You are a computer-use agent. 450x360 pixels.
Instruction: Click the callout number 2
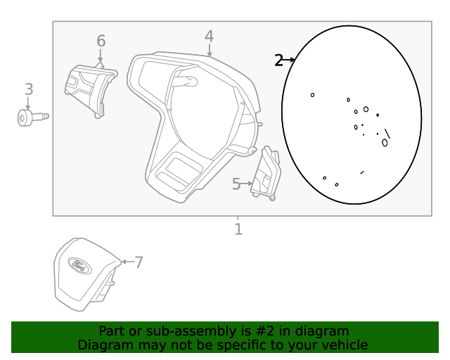278,60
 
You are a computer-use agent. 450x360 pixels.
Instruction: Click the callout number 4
210,37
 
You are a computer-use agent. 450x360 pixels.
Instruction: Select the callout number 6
101,41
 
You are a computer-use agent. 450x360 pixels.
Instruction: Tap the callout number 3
29,89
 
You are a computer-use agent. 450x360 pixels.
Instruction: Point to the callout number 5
236,184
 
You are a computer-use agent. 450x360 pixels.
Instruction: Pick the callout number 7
139,262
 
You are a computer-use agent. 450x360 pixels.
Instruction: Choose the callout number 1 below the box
238,229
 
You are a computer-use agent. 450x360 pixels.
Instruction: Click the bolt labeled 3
33,117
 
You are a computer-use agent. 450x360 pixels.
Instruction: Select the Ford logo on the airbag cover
79,266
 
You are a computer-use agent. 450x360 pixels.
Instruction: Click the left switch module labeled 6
91,89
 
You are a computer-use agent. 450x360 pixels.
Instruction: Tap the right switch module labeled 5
266,173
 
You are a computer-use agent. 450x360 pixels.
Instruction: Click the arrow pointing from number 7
127,262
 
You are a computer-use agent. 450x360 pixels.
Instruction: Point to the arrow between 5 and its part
247,183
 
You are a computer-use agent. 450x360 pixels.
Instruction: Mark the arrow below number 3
28,103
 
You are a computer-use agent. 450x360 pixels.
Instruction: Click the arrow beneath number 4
210,50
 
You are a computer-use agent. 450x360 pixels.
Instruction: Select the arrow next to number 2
289,60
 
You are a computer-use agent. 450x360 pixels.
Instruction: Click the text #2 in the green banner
265,331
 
